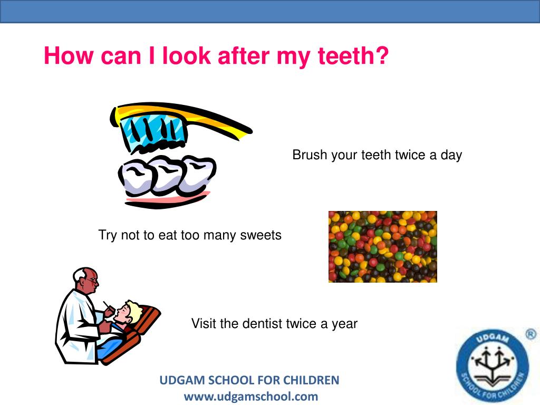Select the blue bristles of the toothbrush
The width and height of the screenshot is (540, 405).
click(153, 132)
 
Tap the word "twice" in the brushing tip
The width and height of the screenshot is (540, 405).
click(414, 155)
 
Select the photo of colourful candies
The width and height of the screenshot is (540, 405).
click(382, 246)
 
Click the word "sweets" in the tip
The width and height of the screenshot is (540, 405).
click(261, 235)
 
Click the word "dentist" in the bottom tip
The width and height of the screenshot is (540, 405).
click(262, 323)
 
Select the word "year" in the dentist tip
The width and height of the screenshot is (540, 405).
click(344, 324)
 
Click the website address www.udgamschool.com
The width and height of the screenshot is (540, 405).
click(250, 396)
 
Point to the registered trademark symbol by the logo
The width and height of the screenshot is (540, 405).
click(531, 334)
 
